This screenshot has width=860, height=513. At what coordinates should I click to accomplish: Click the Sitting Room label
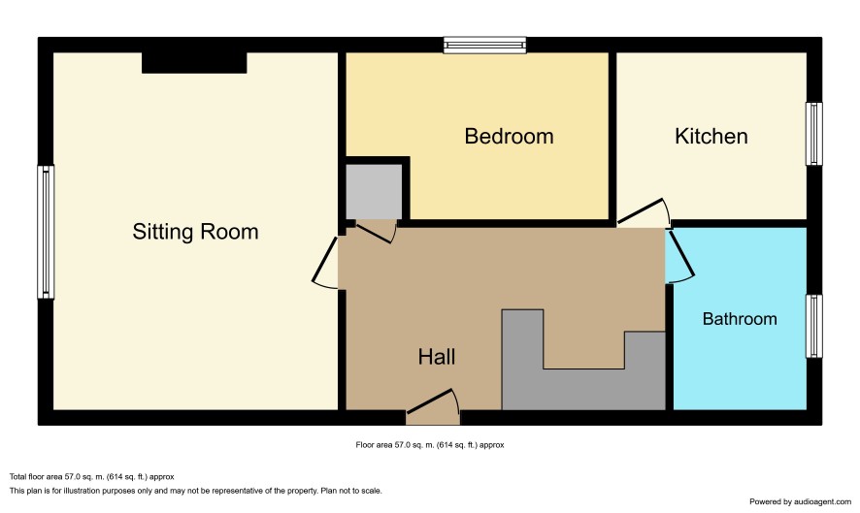pyautogui.click(x=195, y=232)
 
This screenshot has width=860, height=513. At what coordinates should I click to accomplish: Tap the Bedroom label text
pyautogui.click(x=509, y=137)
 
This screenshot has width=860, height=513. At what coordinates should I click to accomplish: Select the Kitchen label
pyautogui.click(x=711, y=137)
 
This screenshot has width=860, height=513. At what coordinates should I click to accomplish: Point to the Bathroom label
pyautogui.click(x=740, y=319)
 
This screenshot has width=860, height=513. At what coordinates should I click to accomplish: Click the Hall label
pyautogui.click(x=437, y=357)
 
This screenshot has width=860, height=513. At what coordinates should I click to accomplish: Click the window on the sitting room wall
pyautogui.click(x=46, y=232)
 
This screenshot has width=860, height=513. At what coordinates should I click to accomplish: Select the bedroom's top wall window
pyautogui.click(x=485, y=45)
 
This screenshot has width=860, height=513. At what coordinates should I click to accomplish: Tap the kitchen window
pyautogui.click(x=814, y=134)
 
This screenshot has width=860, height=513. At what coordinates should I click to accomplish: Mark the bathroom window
pyautogui.click(x=814, y=326)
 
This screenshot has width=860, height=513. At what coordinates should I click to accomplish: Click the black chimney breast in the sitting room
pyautogui.click(x=194, y=62)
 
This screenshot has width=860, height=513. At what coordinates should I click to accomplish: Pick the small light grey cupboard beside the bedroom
pyautogui.click(x=374, y=192)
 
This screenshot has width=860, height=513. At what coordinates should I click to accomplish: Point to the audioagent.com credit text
pyautogui.click(x=800, y=501)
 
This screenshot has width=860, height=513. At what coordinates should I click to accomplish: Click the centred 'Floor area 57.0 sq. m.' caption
pyautogui.click(x=429, y=445)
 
